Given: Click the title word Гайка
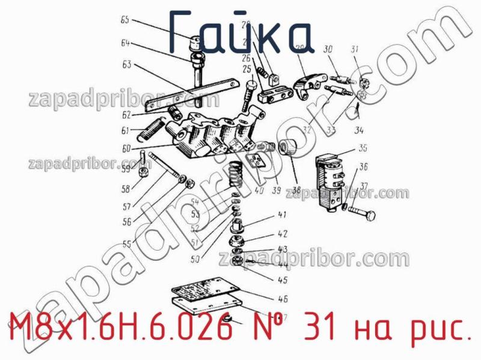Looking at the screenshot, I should [x=240, y=31].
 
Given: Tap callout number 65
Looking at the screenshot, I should [x=124, y=20].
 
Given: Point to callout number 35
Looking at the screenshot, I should [x=363, y=148].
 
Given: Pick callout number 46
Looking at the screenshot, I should [x=283, y=298].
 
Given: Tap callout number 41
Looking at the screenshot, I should [x=281, y=215].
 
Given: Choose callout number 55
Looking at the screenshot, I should [x=126, y=245].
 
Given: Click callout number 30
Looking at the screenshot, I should [x=328, y=49].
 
